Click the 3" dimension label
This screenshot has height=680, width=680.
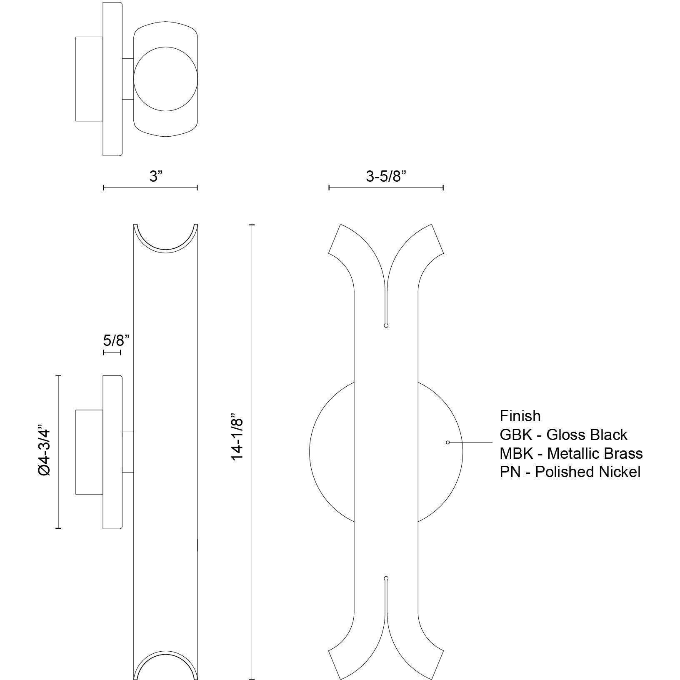point(155,176)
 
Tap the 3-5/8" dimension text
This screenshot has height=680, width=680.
point(386,176)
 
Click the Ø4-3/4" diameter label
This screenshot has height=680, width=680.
point(44,450)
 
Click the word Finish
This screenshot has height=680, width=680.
point(520,416)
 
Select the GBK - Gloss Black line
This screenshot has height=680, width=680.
point(563,435)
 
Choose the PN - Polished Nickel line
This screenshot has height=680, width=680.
point(570,472)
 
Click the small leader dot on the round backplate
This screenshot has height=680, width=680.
point(448,442)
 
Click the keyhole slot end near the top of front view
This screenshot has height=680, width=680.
point(386,325)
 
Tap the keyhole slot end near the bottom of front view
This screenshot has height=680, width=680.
point(386,578)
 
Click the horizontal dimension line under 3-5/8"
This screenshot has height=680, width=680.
point(386,188)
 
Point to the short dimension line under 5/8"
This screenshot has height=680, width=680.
point(112,352)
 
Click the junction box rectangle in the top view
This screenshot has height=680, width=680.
point(89,79)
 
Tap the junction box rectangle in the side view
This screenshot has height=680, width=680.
point(89,452)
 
